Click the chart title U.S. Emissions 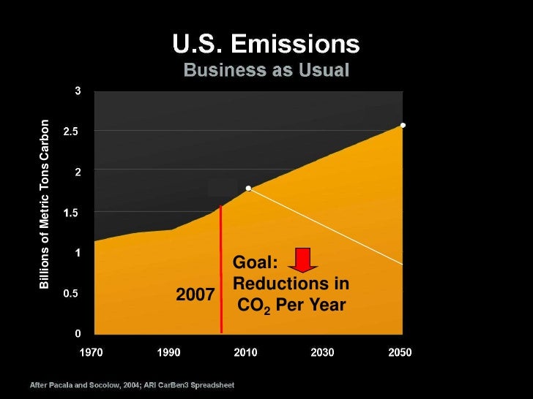(266, 46)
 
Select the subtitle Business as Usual (266, 71)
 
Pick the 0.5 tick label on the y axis (71, 294)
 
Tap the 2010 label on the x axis (245, 352)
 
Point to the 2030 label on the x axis (322, 352)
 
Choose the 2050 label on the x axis (400, 352)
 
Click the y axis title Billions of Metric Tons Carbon (45, 204)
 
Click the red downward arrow (302, 259)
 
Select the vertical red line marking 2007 (220, 270)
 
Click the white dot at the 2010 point (249, 189)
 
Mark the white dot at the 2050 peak (403, 125)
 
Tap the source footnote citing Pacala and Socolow (132, 384)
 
